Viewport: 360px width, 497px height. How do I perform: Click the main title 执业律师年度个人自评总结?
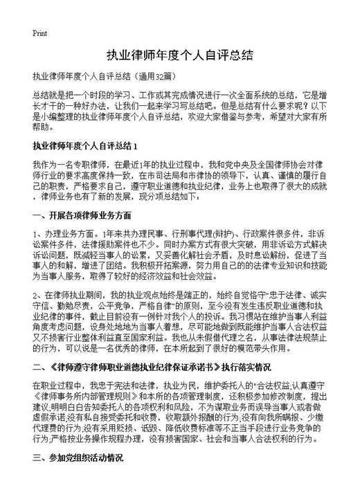[179, 55]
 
